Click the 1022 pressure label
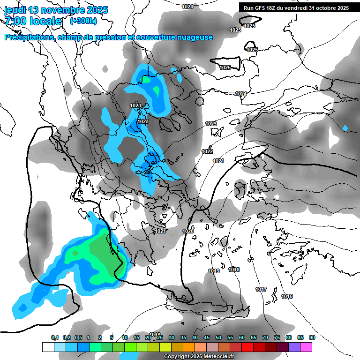click(208, 151)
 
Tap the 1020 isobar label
click(188, 231)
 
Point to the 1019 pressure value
click(214, 271)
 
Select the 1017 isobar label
click(262, 289)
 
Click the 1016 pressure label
click(287, 296)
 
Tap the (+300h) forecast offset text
click(83, 21)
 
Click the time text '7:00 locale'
click(33, 21)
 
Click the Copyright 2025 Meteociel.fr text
click(199, 356)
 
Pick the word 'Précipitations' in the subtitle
click(29, 37)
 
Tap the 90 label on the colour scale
click(312, 337)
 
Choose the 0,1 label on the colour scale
click(54, 337)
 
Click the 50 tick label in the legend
click(218, 337)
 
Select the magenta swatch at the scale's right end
click(306, 347)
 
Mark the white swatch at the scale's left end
click(48, 347)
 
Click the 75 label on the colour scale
click(277, 337)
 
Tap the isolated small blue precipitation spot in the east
click(345, 128)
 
